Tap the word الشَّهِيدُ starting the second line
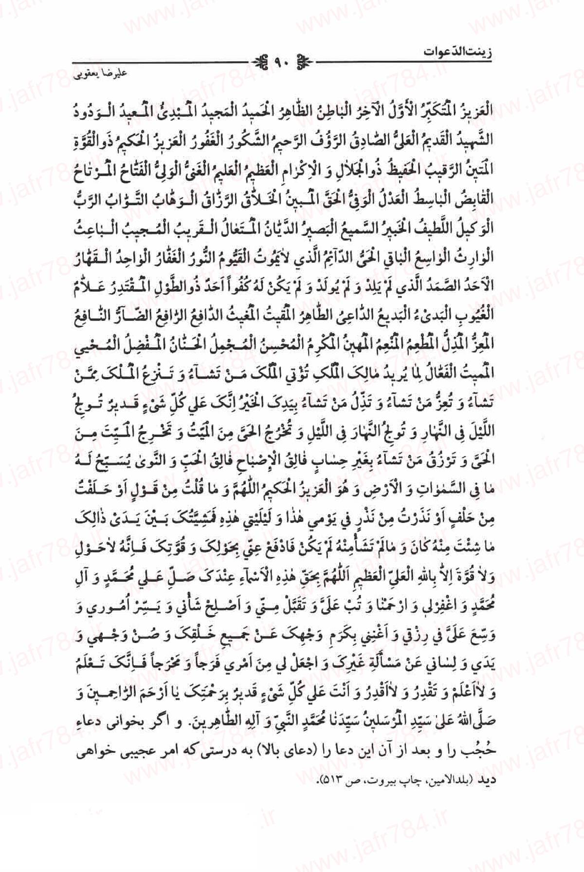click(474, 138)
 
